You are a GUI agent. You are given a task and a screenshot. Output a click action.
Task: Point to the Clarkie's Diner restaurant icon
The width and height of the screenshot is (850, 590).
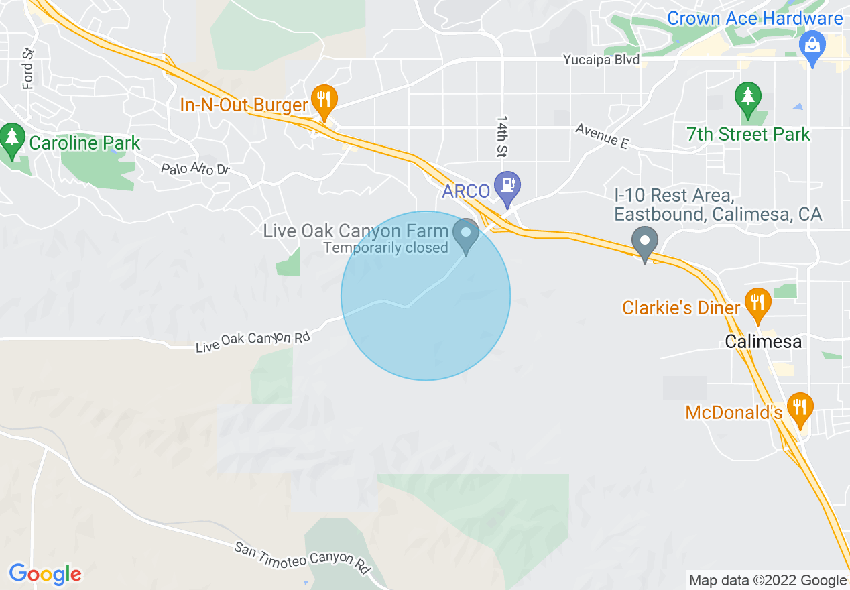click(x=757, y=302)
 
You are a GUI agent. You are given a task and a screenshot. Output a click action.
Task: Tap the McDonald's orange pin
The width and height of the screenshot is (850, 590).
click(x=799, y=408)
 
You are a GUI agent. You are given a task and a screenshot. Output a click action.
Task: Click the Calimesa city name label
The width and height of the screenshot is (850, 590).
click(x=763, y=341)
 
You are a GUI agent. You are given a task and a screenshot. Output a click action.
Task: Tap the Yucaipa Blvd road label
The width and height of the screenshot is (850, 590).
click(x=602, y=60)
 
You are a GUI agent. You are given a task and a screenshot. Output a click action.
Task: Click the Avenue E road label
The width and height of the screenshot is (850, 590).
click(x=603, y=136)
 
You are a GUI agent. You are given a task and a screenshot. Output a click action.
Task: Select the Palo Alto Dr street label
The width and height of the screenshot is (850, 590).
click(x=195, y=168)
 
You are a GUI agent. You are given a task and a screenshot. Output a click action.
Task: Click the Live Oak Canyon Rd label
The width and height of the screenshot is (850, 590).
click(x=253, y=341)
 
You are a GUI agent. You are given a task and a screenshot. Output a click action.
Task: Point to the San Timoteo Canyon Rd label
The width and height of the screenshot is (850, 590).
click(x=303, y=557)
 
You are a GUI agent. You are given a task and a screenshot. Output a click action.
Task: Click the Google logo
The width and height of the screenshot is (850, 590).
click(x=45, y=574)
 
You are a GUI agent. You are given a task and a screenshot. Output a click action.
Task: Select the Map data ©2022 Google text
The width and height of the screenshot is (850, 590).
click(x=768, y=580)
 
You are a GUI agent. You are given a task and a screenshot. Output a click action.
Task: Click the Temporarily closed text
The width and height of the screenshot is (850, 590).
click(x=385, y=248)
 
